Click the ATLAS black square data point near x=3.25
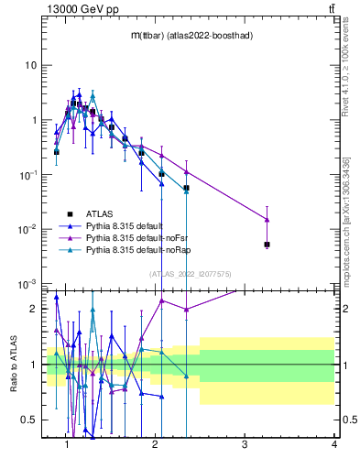pyautogui.click(x=267, y=245)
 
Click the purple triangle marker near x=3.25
pyautogui.click(x=267, y=220)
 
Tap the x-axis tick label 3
pyautogui.click(x=245, y=444)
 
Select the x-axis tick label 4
pyautogui.click(x=333, y=444)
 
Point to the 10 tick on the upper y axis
pyautogui.click(x=31, y=66)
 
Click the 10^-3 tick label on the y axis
pyautogui.click(x=29, y=284)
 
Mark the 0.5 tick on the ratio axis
pyautogui.click(x=29, y=420)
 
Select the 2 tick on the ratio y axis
pyautogui.click(x=35, y=309)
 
